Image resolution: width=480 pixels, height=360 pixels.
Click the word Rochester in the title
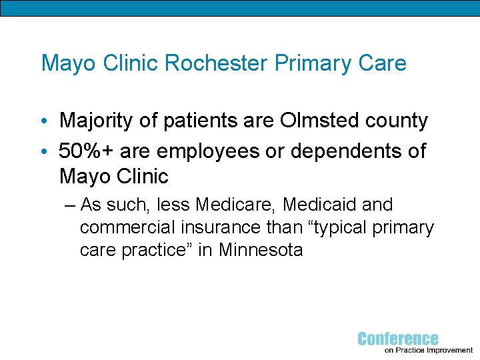[209, 63]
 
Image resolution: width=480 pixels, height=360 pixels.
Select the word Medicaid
[319, 205]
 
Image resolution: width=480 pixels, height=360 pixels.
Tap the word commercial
[127, 228]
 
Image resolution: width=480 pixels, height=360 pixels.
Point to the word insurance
[217, 227]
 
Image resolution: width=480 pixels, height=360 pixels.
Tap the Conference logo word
[398, 339]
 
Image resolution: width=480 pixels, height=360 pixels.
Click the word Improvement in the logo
[447, 350]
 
